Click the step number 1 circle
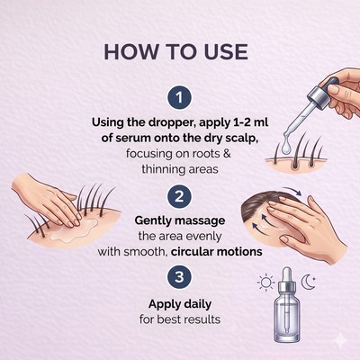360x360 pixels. point(179,97)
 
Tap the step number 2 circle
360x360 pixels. point(179,197)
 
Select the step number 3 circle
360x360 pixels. point(179,276)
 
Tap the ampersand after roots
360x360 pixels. point(227,154)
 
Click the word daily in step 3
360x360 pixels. point(197,304)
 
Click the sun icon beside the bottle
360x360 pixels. point(265,283)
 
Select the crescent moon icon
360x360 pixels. point(309,283)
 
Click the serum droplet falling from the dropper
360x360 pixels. point(287,148)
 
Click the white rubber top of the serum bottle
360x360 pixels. point(287,274)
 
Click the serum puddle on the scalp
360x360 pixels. point(75,230)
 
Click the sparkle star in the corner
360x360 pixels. point(341,340)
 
